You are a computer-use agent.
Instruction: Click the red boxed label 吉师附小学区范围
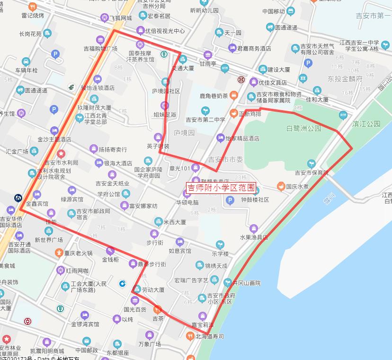pos(221,188)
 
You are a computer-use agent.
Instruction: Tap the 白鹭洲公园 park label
pos(304,128)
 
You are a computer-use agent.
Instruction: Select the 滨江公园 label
pos(366,124)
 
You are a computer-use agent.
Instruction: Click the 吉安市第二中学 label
pos(205,120)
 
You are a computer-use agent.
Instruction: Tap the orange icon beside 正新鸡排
pos(233,114)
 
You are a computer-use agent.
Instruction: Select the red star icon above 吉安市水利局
pos(61,154)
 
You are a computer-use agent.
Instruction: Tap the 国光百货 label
pos(135,309)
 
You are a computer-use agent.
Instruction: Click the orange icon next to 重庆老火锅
pos(59,253)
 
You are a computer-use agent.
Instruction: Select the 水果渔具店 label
pos(254,237)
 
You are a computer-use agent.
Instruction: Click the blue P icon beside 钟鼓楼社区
pos(230,201)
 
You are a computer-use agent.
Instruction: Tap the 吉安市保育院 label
pos(312,173)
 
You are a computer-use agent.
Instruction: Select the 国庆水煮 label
pos(297,186)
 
